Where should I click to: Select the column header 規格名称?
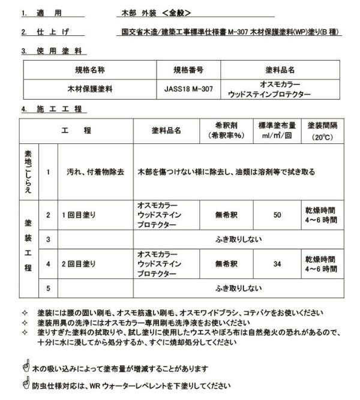(89, 70)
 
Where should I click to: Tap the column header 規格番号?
(188, 70)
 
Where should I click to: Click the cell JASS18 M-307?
(188, 88)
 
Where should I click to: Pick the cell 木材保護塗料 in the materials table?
(89, 88)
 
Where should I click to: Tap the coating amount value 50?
(277, 214)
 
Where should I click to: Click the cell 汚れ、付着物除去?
(95, 172)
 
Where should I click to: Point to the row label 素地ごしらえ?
(28, 172)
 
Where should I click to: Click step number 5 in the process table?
(48, 288)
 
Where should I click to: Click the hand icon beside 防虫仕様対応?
(25, 384)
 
